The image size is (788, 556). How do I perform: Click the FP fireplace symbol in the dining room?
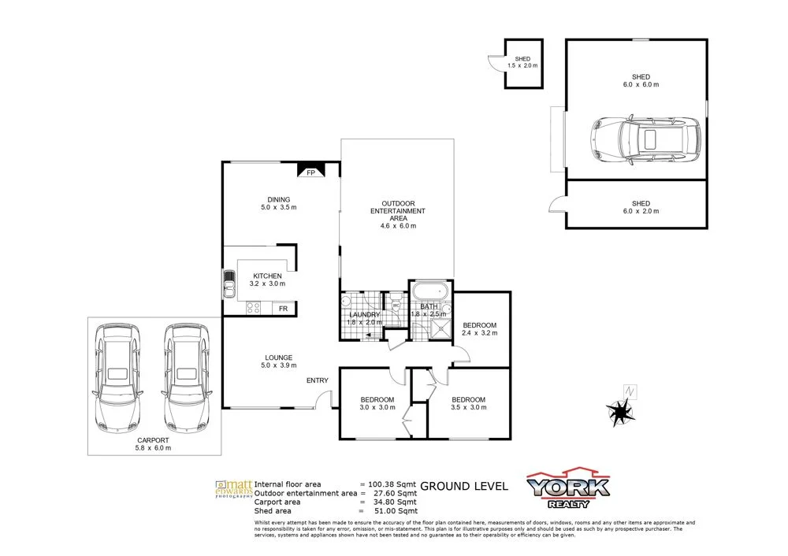tap(310, 172)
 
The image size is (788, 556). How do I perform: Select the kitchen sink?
tap(229, 283)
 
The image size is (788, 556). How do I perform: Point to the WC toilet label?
tap(396, 306)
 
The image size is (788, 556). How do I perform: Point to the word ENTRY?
tap(318, 381)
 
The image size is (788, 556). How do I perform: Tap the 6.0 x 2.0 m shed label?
tap(640, 207)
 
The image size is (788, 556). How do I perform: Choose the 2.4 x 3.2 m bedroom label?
tap(479, 329)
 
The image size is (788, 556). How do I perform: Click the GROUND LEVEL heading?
tap(464, 486)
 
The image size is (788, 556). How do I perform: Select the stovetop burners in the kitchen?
tap(255, 307)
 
